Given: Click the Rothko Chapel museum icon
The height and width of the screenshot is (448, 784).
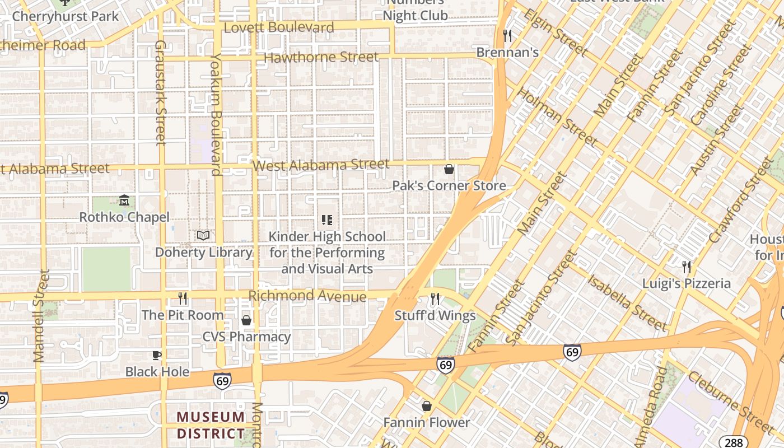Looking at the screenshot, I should pos(124,200).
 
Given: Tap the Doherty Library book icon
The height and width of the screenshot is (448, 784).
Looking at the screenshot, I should pos(203,235).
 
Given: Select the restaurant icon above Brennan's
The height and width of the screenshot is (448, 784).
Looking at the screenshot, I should pos(507,36).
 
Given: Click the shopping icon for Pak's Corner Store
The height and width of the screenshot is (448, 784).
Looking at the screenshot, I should pos(449,169).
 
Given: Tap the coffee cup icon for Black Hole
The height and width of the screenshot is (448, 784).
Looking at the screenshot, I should pos(157,355).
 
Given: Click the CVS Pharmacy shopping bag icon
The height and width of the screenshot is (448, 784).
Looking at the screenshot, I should pos(246,320).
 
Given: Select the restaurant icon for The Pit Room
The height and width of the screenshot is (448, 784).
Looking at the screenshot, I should pos(182,298).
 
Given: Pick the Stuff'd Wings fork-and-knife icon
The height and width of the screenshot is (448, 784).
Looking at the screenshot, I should pos(435,299).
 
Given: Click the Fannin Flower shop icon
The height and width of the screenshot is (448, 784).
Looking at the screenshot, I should pos(427,405).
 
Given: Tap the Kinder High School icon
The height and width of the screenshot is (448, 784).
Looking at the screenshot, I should pos(327,220).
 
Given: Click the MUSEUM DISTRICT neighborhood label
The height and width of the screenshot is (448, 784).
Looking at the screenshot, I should pos(211,426).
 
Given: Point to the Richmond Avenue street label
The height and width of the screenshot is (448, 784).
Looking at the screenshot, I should pos(307,296).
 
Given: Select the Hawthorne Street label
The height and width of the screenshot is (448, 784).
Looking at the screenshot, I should pos(321,57).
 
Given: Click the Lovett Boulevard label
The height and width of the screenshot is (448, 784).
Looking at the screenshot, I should pos(279,27).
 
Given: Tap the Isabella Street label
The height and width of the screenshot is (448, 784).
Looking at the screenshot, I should pos(627,303).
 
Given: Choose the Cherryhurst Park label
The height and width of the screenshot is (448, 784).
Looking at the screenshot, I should pos(66,16).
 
